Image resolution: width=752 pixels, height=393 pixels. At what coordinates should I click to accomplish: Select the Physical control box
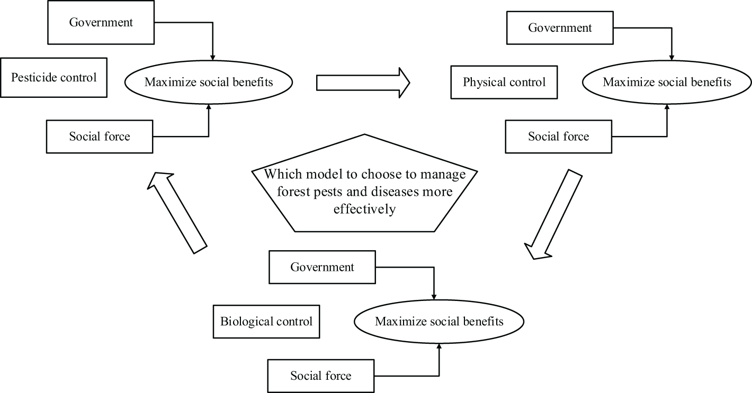(x=504, y=83)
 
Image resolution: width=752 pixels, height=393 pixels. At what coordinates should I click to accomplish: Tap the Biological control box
(x=266, y=322)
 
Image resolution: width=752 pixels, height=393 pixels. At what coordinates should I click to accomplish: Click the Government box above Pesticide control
(x=101, y=23)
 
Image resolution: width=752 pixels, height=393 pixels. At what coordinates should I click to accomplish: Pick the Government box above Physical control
(x=560, y=28)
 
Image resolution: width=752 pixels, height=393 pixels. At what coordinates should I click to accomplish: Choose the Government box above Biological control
(x=322, y=267)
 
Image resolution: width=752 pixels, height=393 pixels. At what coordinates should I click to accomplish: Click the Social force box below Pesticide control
(x=100, y=136)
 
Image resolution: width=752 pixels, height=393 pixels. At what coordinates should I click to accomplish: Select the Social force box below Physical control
(x=558, y=136)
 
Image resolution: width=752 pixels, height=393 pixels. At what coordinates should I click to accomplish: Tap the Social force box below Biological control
(x=320, y=376)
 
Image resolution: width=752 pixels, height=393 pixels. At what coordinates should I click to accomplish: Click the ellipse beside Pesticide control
(x=208, y=83)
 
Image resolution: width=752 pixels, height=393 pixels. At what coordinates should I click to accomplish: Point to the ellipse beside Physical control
(x=667, y=83)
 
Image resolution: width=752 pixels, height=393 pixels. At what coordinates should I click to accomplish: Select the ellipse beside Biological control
(x=439, y=322)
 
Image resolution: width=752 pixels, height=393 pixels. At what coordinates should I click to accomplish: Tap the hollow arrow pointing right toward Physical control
(x=363, y=83)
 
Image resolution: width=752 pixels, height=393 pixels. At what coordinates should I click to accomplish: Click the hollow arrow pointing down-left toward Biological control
(x=552, y=215)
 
